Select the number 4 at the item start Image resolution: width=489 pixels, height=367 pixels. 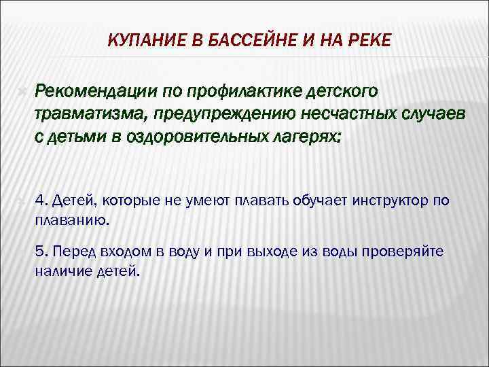point(39,199)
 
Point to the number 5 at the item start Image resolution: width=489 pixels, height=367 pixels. point(39,251)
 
